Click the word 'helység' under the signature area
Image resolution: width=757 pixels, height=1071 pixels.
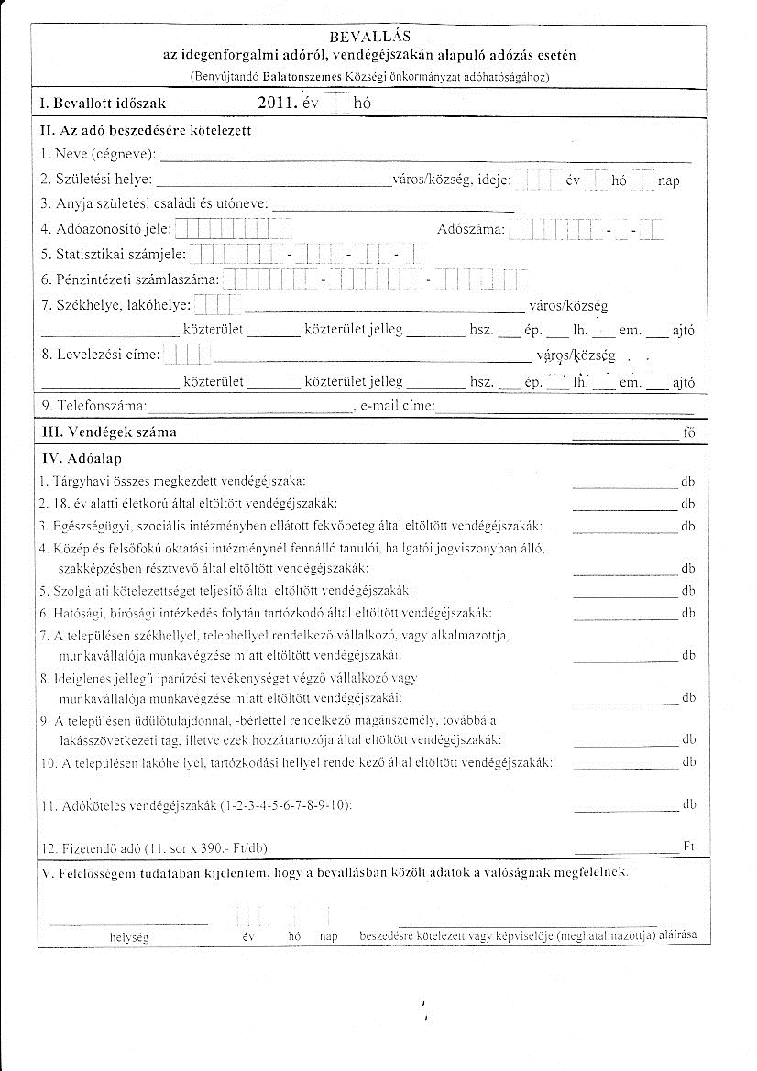[x=127, y=938]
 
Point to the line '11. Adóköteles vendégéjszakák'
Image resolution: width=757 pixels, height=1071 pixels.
[x=196, y=806]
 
